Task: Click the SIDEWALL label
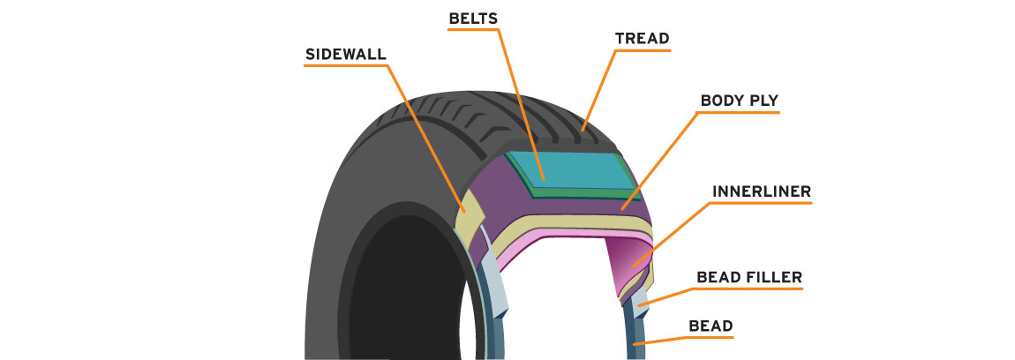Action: coord(346,52)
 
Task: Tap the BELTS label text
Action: coord(473,18)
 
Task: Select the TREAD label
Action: coord(642,39)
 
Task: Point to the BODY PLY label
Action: coord(739,101)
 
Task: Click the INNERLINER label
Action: coord(761,191)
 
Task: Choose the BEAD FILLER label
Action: coord(749,278)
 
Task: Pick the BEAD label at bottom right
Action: coord(710,326)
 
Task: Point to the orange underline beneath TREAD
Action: coord(642,50)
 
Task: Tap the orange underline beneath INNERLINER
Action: coord(761,203)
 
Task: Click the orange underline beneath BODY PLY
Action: coord(740,112)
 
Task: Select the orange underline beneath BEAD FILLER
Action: coord(749,290)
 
